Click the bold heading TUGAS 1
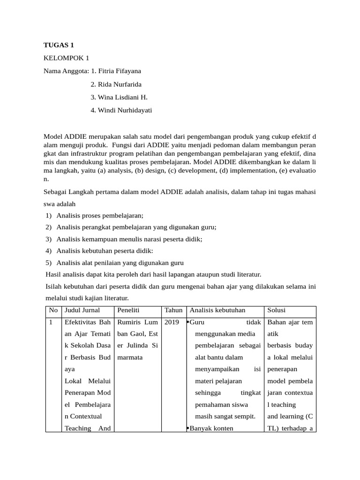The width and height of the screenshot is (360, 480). click(x=59, y=45)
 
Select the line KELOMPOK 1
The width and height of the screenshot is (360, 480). click(x=66, y=58)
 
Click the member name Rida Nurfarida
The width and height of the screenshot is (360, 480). click(x=119, y=84)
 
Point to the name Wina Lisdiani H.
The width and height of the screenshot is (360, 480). click(x=119, y=97)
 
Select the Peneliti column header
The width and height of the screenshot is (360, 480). click(x=129, y=311)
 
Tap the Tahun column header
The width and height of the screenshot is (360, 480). click(x=173, y=311)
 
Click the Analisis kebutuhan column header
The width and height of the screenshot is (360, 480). click(x=217, y=311)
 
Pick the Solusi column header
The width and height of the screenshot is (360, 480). click(x=277, y=311)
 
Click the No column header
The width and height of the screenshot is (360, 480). click(x=53, y=311)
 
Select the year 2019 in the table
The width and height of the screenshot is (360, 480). click(x=172, y=322)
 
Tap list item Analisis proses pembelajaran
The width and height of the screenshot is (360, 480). click(x=99, y=216)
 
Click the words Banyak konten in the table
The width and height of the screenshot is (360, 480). click(x=211, y=428)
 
